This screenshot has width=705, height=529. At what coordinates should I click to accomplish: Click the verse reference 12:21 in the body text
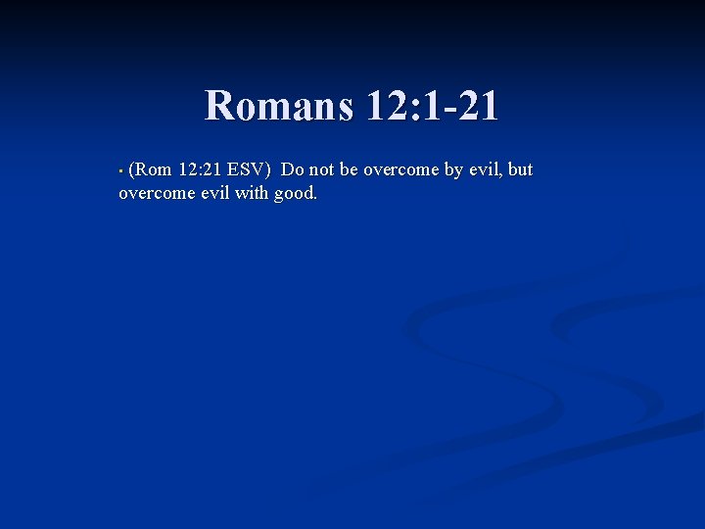(x=201, y=169)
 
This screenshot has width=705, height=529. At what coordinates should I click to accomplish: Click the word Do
(x=293, y=169)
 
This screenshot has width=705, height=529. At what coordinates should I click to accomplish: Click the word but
(x=520, y=169)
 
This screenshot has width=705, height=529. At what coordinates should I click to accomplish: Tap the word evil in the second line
(x=215, y=193)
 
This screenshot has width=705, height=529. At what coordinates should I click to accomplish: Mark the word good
(x=296, y=194)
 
